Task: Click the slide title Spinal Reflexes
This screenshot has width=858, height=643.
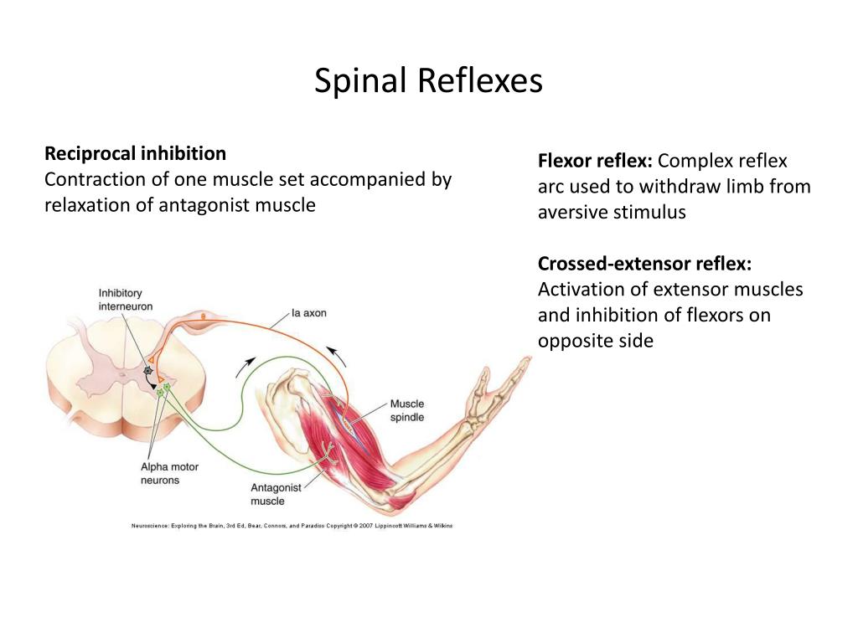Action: tap(428, 81)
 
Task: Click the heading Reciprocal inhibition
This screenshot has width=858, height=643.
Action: tap(135, 154)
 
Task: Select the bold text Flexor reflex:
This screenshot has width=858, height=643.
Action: tap(596, 161)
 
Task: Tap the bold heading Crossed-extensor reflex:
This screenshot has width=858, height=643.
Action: tap(644, 264)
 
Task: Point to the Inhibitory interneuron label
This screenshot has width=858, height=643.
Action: tap(126, 300)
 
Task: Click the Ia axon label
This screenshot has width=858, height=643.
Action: tap(308, 313)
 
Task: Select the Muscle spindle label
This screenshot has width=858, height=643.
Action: tap(407, 410)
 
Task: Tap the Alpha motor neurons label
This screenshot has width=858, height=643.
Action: tap(169, 474)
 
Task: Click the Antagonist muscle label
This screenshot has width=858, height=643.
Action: tap(276, 494)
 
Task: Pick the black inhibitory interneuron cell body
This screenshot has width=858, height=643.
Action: tap(147, 371)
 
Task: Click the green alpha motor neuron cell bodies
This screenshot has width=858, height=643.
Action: tap(163, 389)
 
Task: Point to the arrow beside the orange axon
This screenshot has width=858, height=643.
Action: tap(337, 355)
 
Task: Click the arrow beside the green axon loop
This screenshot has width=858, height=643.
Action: tap(246, 367)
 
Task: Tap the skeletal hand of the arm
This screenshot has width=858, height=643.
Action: tap(495, 393)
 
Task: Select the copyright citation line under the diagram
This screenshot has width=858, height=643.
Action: tap(292, 526)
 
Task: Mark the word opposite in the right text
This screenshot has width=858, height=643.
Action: tap(572, 342)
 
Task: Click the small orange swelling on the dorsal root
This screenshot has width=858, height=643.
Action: tap(203, 316)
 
